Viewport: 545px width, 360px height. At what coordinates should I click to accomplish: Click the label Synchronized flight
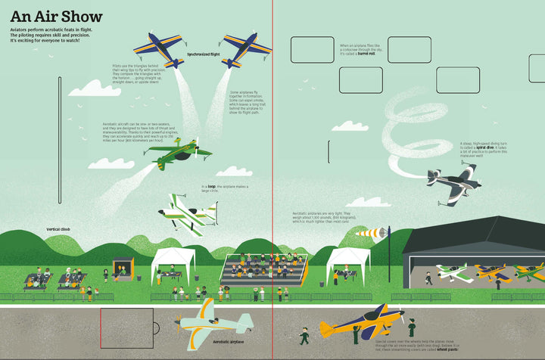(x=205, y=55)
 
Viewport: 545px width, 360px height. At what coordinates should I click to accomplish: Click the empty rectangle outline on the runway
(x=126, y=327)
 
